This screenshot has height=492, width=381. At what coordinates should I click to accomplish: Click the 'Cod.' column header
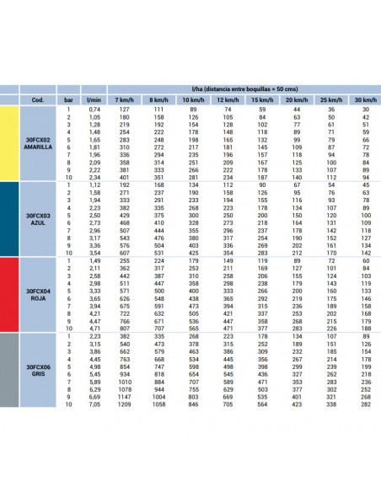click(38, 99)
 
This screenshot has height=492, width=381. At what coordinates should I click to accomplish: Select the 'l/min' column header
click(94, 99)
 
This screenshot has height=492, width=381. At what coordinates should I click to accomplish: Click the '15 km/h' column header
click(262, 99)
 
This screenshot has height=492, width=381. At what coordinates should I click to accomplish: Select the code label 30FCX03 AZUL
click(38, 219)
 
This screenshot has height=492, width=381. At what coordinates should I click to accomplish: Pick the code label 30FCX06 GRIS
click(38, 371)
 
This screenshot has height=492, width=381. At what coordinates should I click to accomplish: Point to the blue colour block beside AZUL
click(8, 219)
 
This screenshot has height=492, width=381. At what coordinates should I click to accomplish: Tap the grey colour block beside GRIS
click(8, 371)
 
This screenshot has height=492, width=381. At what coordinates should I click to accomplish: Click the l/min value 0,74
click(94, 109)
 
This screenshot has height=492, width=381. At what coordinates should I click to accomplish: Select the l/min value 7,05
click(94, 404)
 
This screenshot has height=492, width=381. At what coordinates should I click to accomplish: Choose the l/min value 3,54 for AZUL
click(94, 252)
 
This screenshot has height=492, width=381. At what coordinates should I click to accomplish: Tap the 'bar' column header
click(68, 99)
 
